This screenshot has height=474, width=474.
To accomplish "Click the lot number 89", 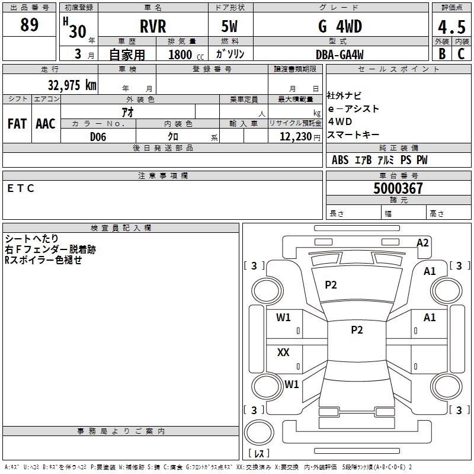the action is (29, 25).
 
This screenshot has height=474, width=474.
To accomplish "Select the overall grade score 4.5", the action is (451, 27).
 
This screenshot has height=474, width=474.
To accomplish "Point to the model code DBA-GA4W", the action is (340, 55).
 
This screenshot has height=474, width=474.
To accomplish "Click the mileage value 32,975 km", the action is (72, 85).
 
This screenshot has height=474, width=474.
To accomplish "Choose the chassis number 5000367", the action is (398, 188).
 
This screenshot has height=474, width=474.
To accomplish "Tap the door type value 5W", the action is (230, 27).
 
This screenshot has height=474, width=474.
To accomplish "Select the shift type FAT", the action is (17, 123).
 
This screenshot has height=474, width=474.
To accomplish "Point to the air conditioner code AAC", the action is (46, 123).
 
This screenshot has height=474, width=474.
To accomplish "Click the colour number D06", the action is (98, 137).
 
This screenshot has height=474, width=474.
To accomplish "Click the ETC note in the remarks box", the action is (21, 188).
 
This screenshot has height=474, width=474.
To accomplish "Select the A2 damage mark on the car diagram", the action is (422, 242).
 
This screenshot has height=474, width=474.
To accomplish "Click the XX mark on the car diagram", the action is (283, 352).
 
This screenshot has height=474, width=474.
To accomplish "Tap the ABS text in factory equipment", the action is (340, 160).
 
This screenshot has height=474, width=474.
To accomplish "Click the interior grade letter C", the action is (461, 53).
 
